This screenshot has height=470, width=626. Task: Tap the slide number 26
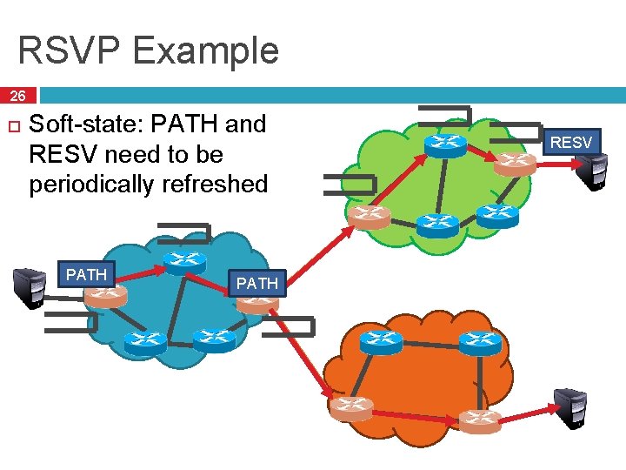coord(18,96)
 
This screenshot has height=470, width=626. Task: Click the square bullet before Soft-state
coord(12,127)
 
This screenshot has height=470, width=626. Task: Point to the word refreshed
coord(223,185)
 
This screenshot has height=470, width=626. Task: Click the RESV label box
coord(571,142)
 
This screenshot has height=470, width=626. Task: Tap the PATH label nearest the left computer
coord(87,275)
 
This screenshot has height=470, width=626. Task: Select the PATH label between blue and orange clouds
coord(257,283)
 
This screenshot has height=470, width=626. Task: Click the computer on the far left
coord(30,288)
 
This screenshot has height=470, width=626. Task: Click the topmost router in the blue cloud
coord(183,260)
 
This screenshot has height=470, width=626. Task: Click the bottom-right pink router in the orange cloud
coord(480,420)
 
